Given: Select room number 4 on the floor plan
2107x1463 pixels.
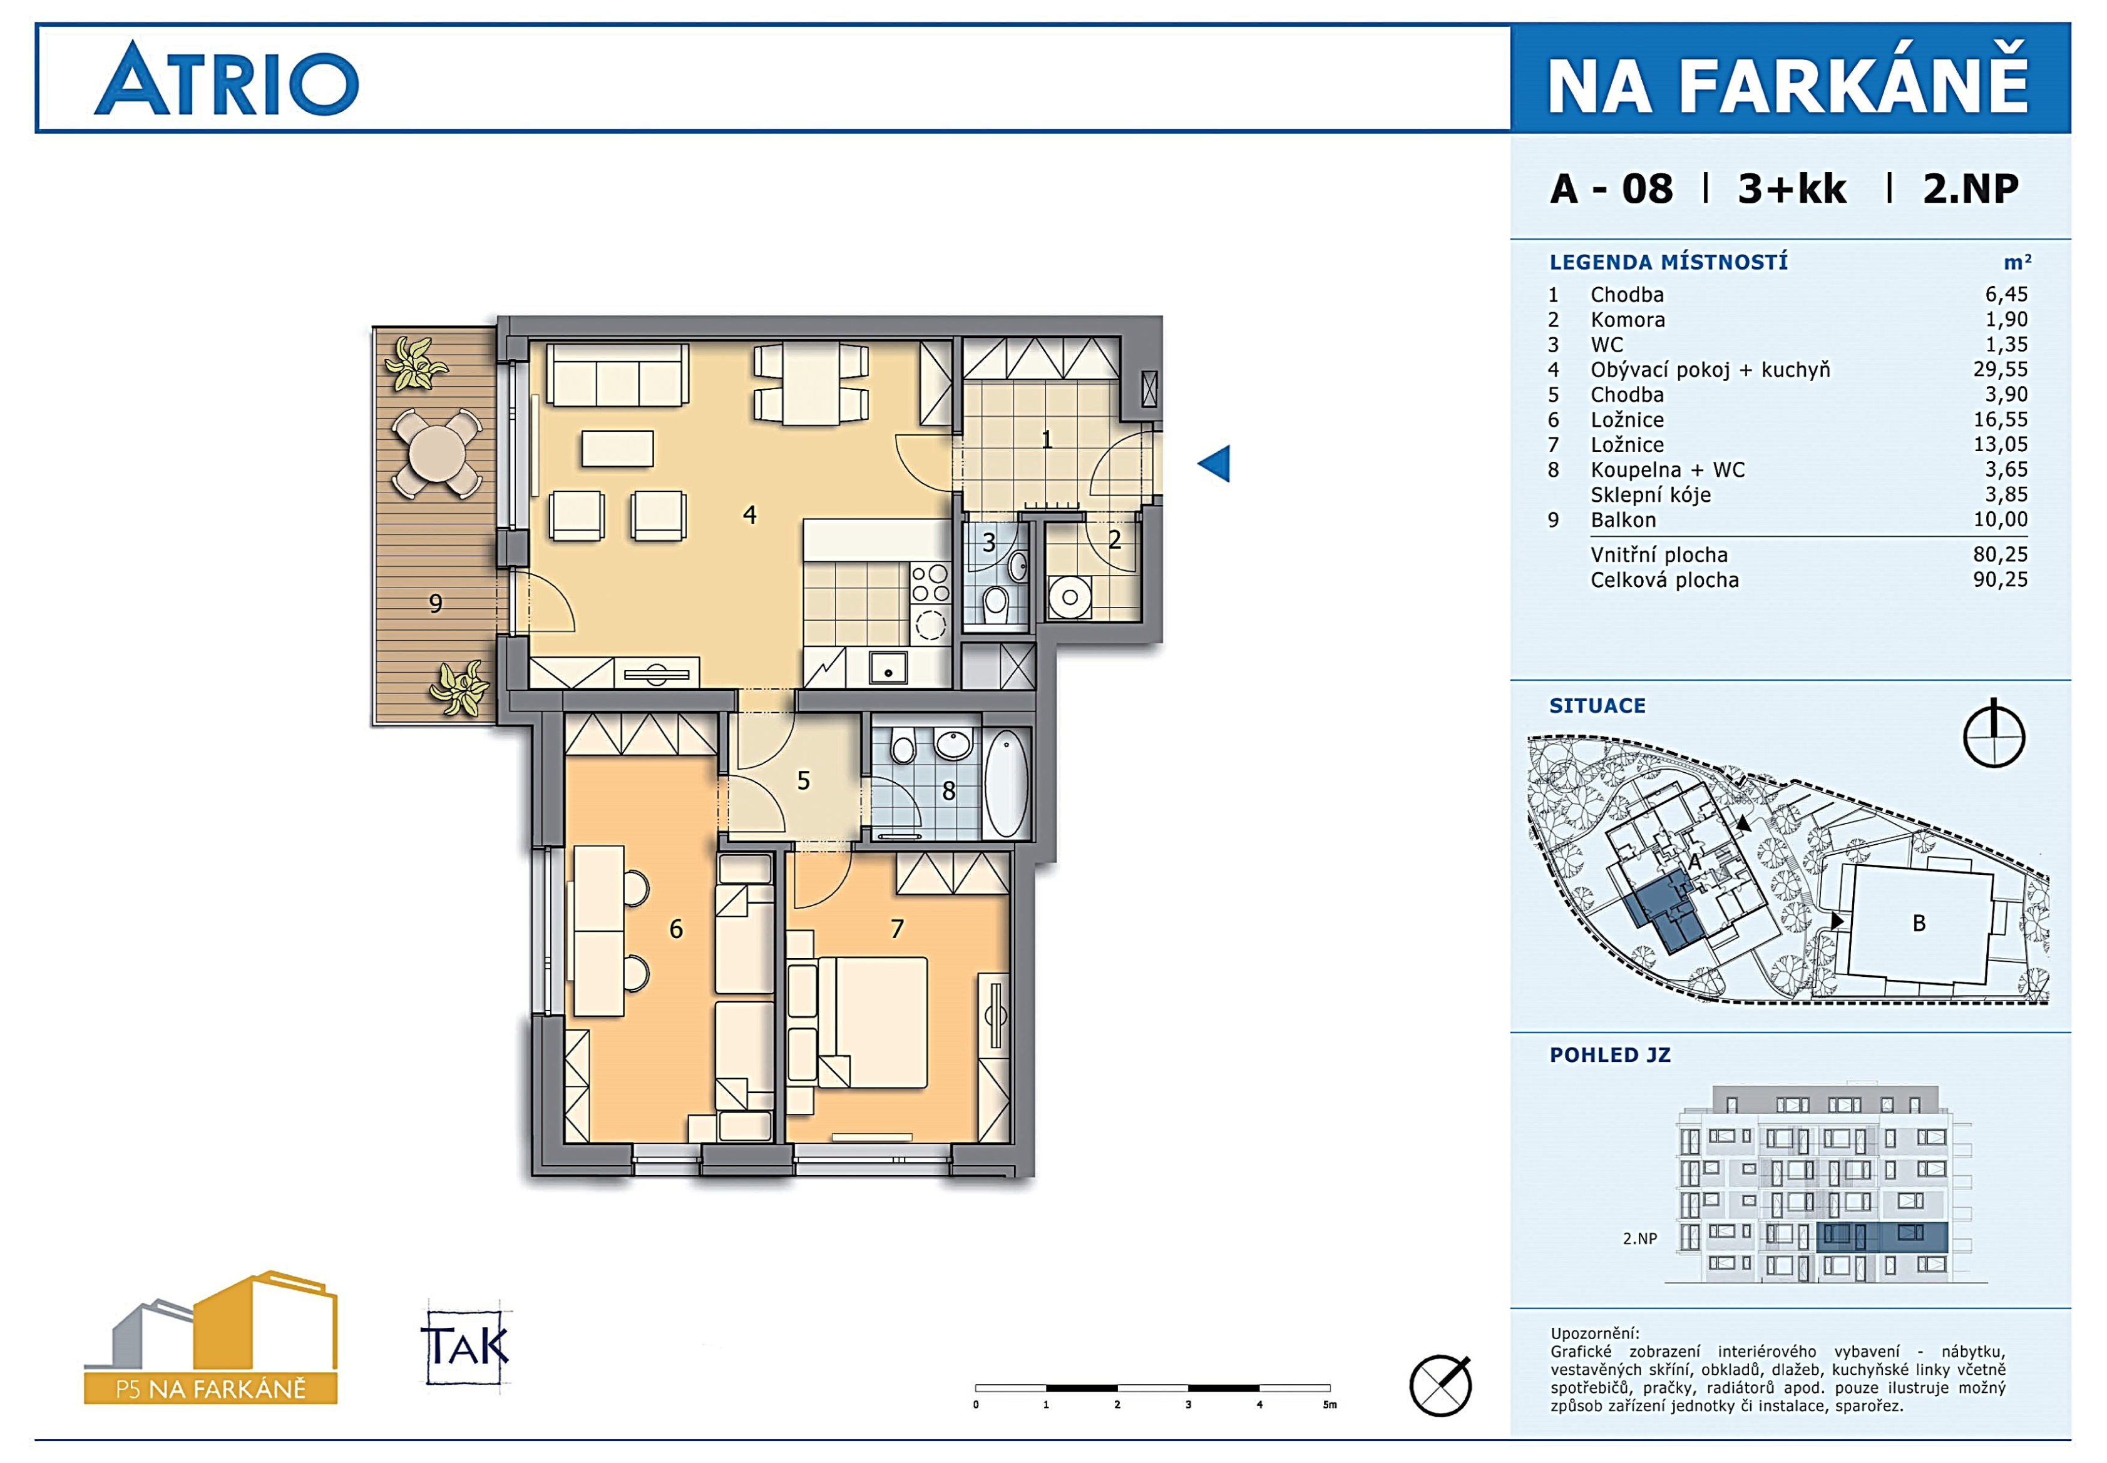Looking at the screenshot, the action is (749, 515).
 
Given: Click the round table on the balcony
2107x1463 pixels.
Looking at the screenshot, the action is (438, 453).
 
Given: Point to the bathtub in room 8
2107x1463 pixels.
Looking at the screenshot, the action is (1006, 783).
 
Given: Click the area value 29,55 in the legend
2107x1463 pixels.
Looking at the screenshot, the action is (2001, 369).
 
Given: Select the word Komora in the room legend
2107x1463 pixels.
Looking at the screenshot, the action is (1628, 320).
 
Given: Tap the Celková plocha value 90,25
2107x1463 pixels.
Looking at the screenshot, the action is (2001, 579).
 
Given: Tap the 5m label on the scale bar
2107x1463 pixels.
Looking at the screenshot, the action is (1330, 1404).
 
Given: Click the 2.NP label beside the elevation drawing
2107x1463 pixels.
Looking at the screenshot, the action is (1639, 1238).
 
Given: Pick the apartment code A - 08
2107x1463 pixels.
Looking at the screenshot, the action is (1611, 189).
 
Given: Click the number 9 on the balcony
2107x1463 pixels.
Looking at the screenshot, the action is (436, 603).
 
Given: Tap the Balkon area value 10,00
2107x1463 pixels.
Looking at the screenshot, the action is (2001, 520).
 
